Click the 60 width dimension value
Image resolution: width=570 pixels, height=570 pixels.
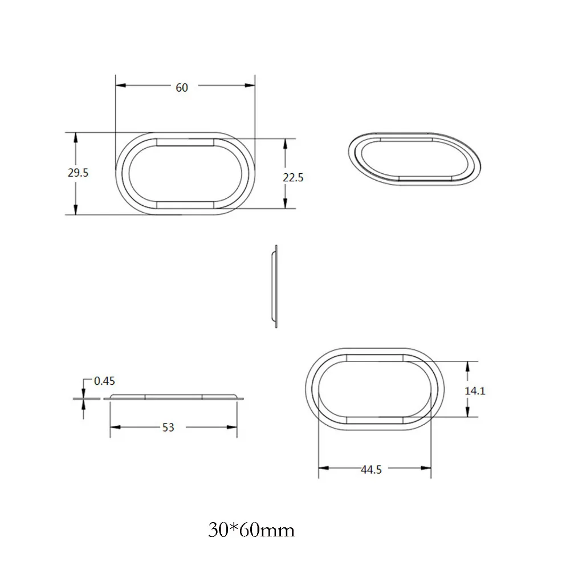pos(182,88)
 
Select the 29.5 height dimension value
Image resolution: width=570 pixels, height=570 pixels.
pos(78,172)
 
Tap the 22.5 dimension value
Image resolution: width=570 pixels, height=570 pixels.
pos(293,177)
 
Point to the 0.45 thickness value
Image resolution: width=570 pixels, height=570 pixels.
pos(104,381)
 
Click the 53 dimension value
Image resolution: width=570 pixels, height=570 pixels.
pos(168,427)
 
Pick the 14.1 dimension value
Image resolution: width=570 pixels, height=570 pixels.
pos(475,391)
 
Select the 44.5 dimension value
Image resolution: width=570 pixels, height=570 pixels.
pos(371,470)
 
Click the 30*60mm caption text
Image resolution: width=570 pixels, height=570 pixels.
pos(251,530)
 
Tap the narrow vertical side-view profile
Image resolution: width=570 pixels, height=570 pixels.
pos(275,287)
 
